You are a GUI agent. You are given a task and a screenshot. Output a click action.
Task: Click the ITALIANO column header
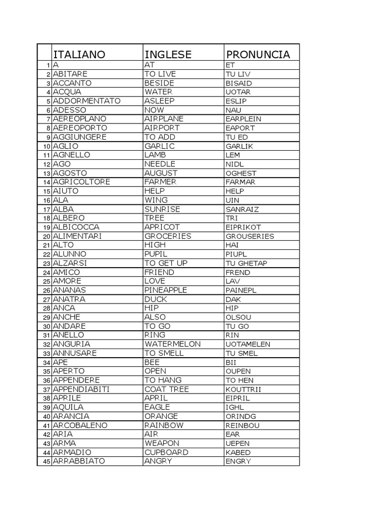pos(79,54)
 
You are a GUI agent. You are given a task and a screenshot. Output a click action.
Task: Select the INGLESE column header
pos(168,54)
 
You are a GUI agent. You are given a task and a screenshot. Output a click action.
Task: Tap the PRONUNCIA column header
pos(258,54)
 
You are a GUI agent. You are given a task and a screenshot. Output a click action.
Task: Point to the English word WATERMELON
pos(172,344)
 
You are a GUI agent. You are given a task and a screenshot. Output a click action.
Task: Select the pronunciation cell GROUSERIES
pos(250,236)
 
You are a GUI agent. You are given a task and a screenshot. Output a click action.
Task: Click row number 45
pos(45,461)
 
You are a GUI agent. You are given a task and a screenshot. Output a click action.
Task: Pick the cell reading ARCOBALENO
pos(80,425)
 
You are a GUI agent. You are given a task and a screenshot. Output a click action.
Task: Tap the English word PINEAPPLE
pos(166,290)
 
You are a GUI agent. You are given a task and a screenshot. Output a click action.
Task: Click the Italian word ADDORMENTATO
pos(86,101)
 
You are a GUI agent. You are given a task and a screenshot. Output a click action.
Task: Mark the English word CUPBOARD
pos(166,452)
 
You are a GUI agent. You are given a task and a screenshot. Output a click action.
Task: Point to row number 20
pos(45,236)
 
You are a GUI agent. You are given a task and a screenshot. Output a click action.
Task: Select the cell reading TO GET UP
pos(166,263)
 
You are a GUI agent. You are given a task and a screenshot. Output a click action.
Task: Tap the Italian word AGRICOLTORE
pos(81,182)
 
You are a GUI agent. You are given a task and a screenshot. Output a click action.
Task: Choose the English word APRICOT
pos(162,227)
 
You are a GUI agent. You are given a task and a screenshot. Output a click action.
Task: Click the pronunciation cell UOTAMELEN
pos(248,344)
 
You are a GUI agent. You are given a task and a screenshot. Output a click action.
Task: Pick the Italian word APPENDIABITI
pos(81,390)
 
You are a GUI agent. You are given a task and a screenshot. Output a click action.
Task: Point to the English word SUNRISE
pos(162,209)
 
